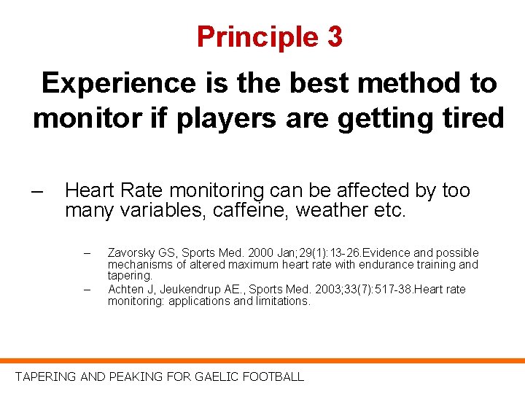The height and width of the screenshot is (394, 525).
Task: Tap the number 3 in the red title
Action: [x=335, y=36]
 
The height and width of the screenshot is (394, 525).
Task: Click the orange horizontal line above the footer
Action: [x=262, y=360]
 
